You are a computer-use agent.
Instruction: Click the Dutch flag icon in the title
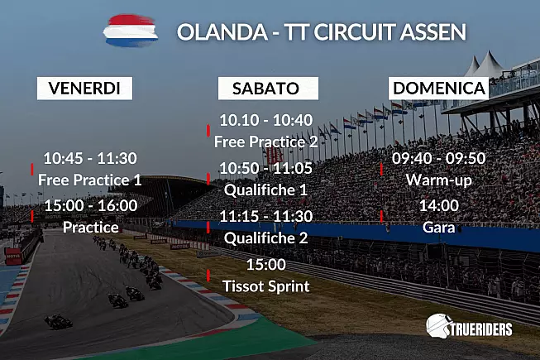(131, 31)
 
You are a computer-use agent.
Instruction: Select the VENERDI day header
(84, 89)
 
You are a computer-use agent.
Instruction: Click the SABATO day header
(268, 89)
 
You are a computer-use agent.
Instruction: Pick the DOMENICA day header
(439, 89)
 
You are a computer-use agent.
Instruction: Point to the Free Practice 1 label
(89, 180)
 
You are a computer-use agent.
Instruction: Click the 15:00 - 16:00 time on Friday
(91, 206)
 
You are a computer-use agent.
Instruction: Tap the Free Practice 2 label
(265, 142)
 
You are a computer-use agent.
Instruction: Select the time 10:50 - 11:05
(265, 168)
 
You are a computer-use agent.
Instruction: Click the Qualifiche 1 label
(265, 190)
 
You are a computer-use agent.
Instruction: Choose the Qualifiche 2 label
(265, 238)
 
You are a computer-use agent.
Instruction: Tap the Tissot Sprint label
(266, 286)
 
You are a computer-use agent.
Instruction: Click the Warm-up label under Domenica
(439, 180)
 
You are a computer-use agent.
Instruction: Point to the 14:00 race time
(439, 206)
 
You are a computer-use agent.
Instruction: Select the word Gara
(439, 228)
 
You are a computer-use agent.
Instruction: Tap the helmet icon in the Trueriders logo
(437, 325)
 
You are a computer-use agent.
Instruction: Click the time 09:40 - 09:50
(439, 158)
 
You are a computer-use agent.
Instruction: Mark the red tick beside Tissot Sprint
(208, 276)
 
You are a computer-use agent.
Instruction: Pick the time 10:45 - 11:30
(90, 158)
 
